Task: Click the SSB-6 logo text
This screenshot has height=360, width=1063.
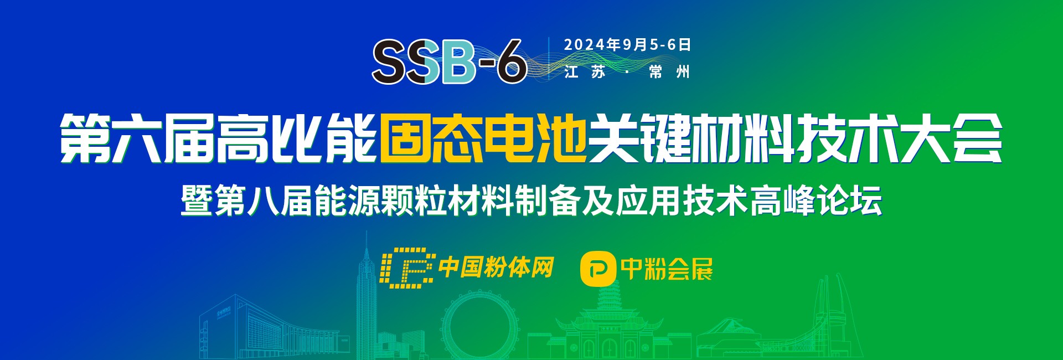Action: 449,61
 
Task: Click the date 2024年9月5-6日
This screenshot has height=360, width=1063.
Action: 628,45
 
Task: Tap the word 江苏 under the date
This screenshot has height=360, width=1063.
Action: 585,72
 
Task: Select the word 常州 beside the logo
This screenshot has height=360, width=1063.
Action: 669,72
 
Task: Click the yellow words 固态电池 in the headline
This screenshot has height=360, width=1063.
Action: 483,138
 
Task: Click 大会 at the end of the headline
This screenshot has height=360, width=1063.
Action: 952,138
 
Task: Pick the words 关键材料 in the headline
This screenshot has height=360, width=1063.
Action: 692,138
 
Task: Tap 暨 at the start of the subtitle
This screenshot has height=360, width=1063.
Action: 197,200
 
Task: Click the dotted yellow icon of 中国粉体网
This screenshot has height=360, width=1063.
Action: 407,268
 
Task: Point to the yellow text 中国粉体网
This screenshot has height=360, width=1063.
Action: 496,268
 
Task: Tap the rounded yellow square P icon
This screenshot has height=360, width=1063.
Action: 598,269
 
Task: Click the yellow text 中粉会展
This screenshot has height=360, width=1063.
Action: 667,269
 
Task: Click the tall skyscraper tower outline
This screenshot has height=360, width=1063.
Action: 365,299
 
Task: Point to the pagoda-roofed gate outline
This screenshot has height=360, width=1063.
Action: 609,327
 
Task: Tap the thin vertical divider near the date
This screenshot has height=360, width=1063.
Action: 548,59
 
